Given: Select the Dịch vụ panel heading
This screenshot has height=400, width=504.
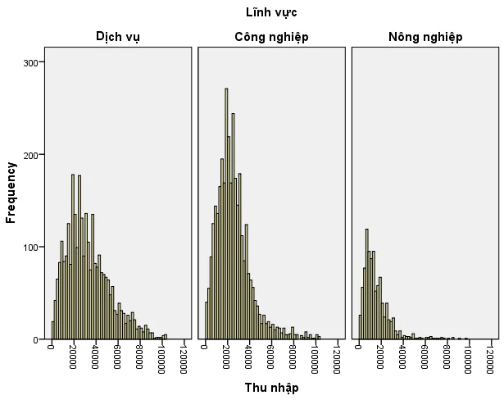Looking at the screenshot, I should [x=117, y=37].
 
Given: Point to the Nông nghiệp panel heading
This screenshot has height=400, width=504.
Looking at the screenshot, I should [x=425, y=37].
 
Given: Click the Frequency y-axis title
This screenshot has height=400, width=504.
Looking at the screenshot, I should [x=11, y=193].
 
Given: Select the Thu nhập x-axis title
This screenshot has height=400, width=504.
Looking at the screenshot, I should [x=271, y=388].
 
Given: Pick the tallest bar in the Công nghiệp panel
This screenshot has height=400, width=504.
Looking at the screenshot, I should [x=226, y=213].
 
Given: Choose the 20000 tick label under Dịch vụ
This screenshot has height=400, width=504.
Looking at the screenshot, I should [x=73, y=357].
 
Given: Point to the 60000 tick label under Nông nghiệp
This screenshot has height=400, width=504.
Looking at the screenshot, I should [x=425, y=357].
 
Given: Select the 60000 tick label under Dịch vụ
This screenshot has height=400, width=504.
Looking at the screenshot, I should [x=117, y=357].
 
